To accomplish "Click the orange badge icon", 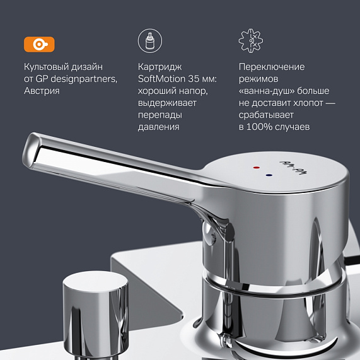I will (x=39, y=44).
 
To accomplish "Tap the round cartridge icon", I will (x=149, y=41).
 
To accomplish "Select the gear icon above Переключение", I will (x=251, y=41).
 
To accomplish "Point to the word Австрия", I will (x=43, y=91).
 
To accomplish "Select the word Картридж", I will (x=160, y=67).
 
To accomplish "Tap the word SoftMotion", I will (x=163, y=79).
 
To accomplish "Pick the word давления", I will (x=158, y=127).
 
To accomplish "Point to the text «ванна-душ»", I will (x=267, y=91).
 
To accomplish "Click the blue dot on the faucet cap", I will (x=269, y=176).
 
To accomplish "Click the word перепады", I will (x=161, y=115).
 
